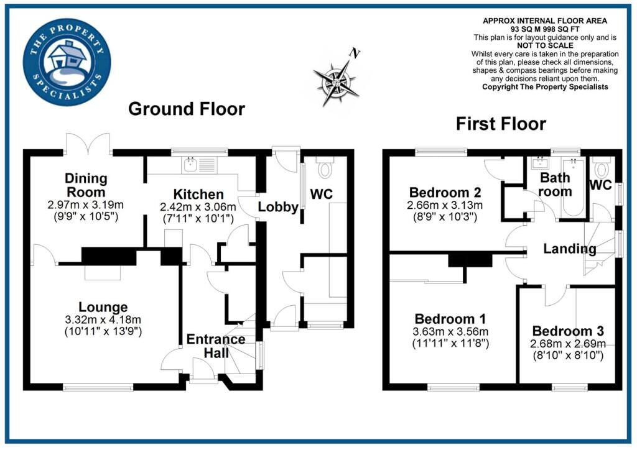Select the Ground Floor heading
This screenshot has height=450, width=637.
(x=187, y=109)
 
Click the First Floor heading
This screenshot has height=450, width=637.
(x=501, y=123)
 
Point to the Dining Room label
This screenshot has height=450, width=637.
(x=86, y=185)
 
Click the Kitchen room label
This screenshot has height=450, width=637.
(x=198, y=194)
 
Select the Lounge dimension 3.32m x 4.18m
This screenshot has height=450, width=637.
(x=103, y=319)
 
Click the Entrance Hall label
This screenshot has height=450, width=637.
(x=216, y=346)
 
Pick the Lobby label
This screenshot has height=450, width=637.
(x=278, y=207)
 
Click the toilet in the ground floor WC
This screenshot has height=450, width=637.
(x=325, y=167)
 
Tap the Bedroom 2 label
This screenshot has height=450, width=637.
(x=445, y=192)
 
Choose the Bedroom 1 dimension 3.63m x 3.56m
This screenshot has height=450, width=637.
(x=450, y=331)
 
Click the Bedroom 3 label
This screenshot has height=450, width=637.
(x=568, y=331)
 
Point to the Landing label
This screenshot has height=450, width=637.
(x=570, y=249)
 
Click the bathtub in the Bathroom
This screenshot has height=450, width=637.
(x=573, y=187)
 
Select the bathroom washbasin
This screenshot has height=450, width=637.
(x=541, y=163)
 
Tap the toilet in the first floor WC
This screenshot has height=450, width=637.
(x=602, y=167)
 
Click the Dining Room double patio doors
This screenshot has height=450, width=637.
(x=88, y=143)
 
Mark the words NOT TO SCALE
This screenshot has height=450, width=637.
(x=545, y=45)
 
